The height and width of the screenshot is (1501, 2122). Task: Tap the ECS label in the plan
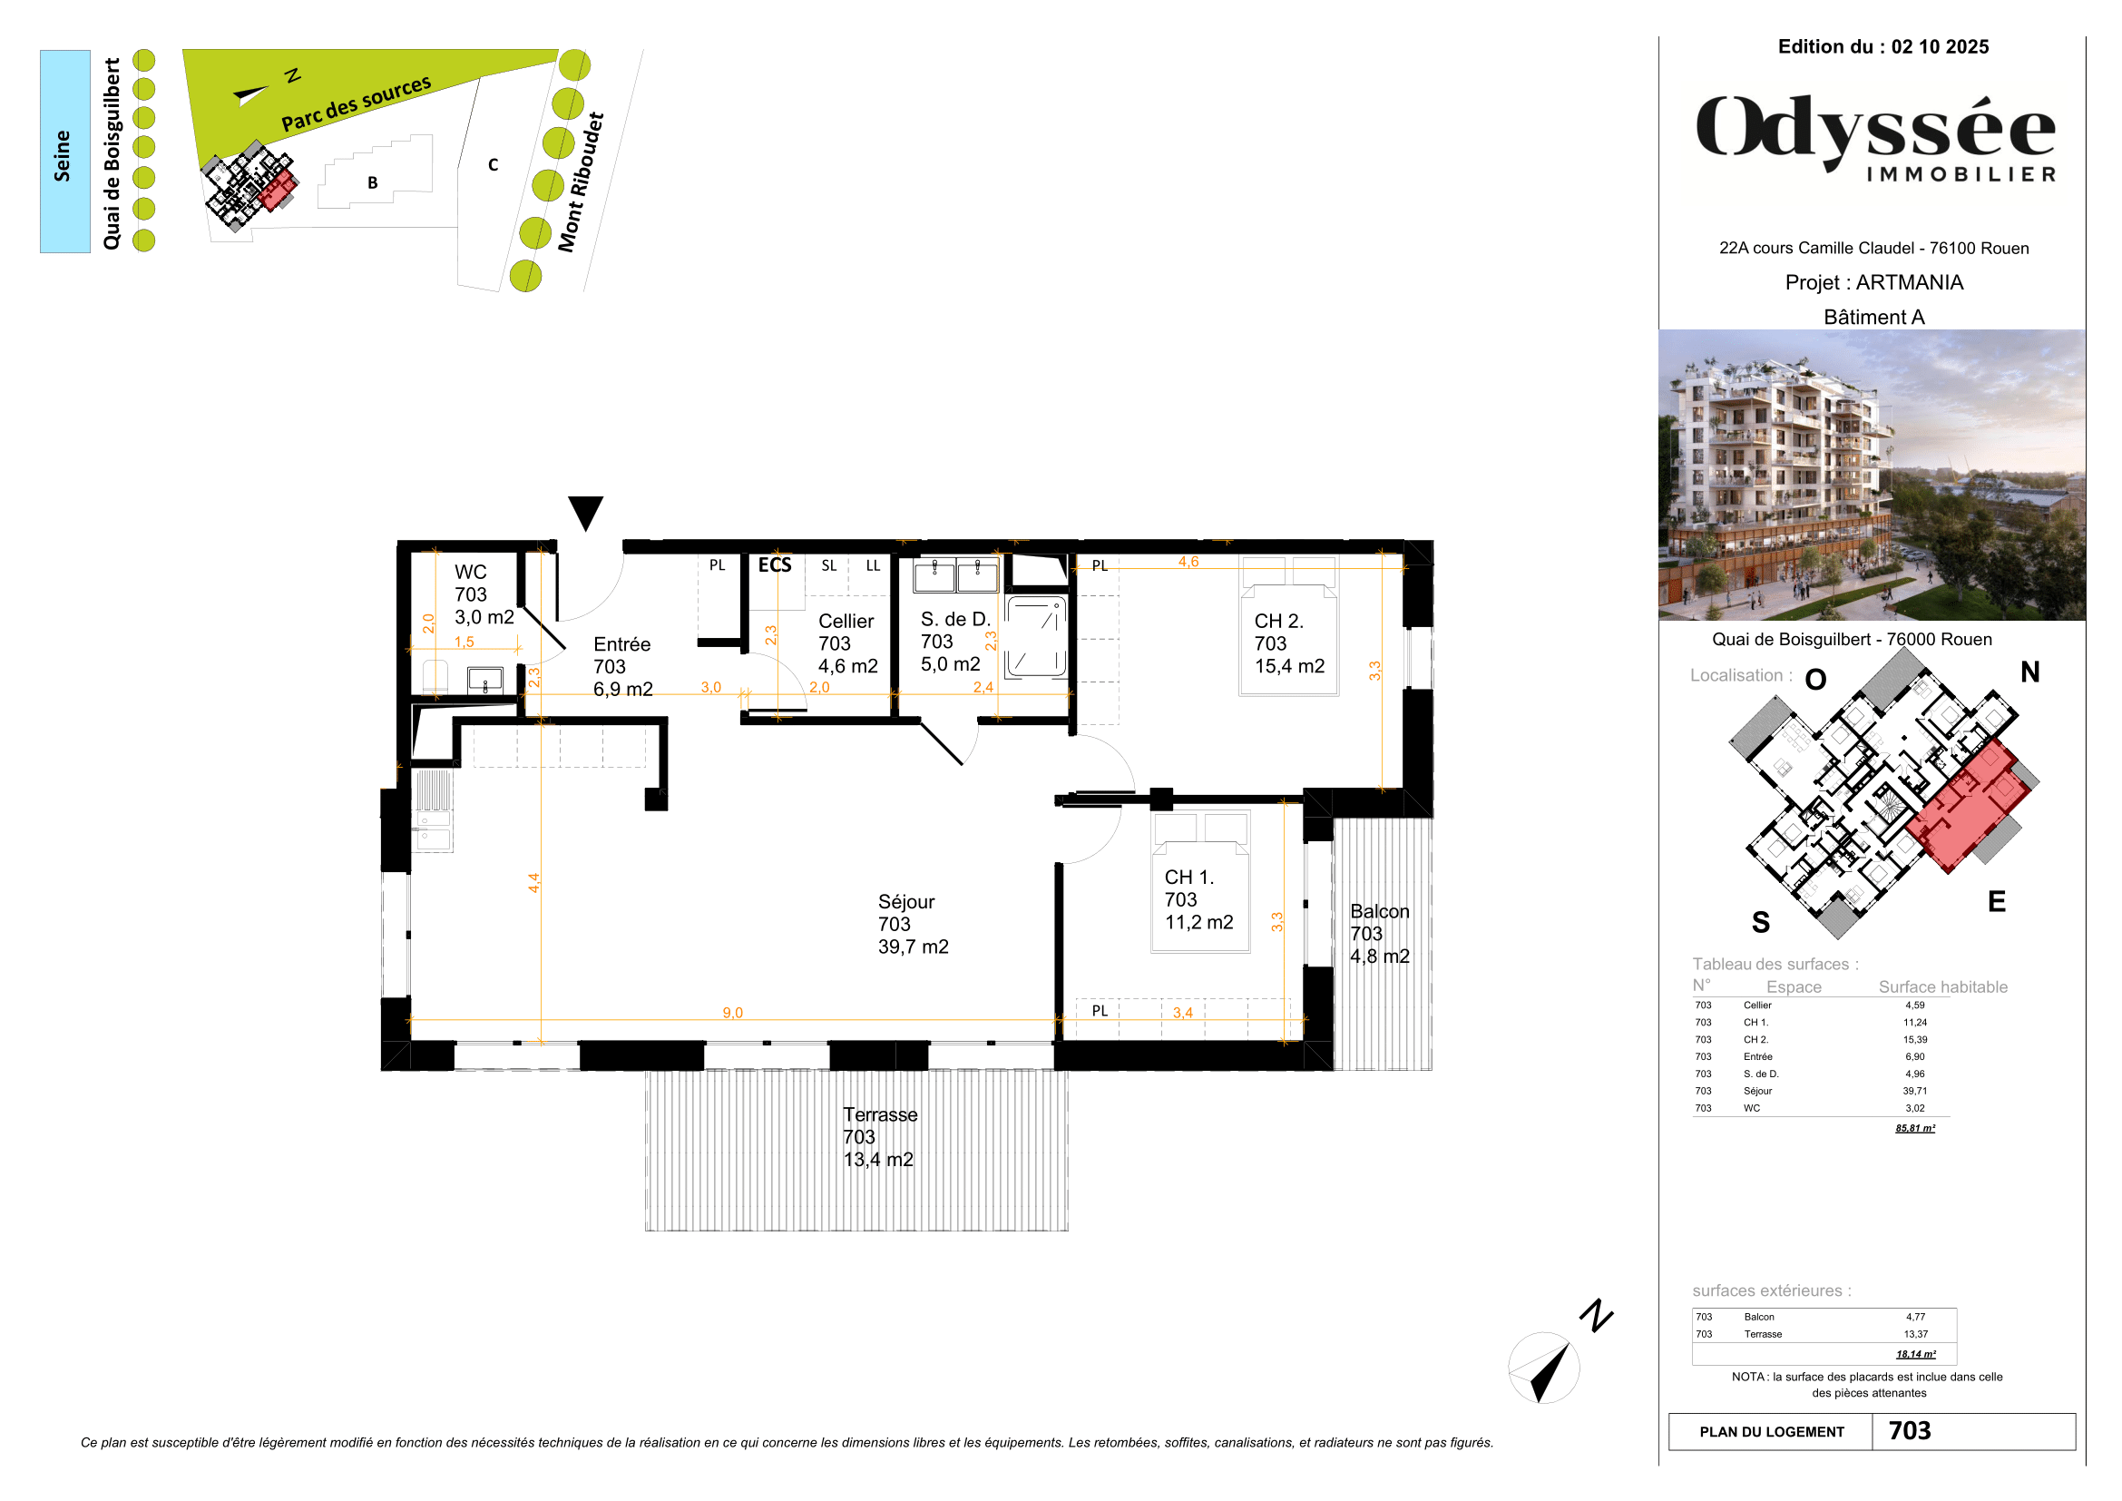[775, 564]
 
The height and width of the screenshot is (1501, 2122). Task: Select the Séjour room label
[912, 923]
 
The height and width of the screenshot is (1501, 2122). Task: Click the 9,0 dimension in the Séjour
[732, 1013]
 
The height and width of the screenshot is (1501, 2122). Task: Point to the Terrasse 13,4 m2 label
[879, 1137]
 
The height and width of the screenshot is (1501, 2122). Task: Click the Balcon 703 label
[1379, 934]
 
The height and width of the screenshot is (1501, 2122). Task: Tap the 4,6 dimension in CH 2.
[1188, 562]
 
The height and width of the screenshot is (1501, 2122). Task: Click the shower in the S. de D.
[1036, 637]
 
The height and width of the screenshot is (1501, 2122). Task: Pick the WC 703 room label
[484, 594]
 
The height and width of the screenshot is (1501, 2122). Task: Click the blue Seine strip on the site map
[64, 152]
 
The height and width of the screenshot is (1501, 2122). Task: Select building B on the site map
[374, 182]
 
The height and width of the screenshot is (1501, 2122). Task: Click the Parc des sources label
[356, 103]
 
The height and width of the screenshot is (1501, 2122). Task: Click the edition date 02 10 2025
[1939, 47]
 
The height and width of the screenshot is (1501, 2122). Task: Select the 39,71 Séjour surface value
[1914, 1091]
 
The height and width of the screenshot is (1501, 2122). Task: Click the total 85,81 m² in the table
[1914, 1128]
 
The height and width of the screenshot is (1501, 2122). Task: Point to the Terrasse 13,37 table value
[1915, 1334]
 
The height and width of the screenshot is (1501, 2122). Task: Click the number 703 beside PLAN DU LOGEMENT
[1910, 1431]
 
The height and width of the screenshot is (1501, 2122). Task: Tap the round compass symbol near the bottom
[1543, 1368]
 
